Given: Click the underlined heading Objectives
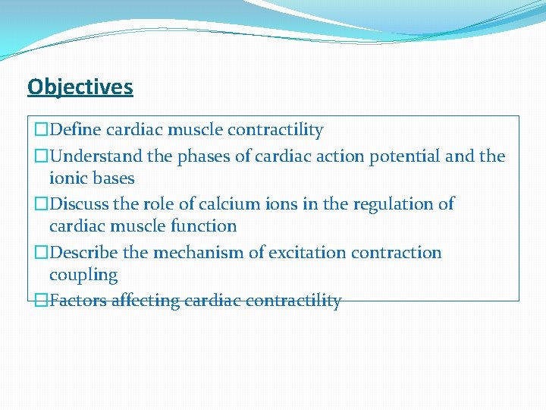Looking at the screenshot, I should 80,87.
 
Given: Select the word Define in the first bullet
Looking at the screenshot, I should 74,130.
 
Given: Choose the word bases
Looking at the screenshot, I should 113,178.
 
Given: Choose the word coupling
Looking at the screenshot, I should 83,275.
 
